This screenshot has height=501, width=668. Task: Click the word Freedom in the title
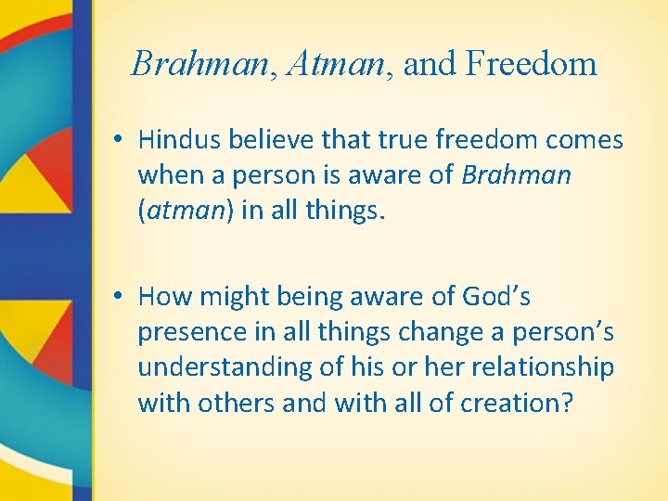click(x=532, y=64)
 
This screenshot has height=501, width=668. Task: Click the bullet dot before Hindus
click(x=122, y=141)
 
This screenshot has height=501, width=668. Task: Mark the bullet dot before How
click(x=122, y=297)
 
